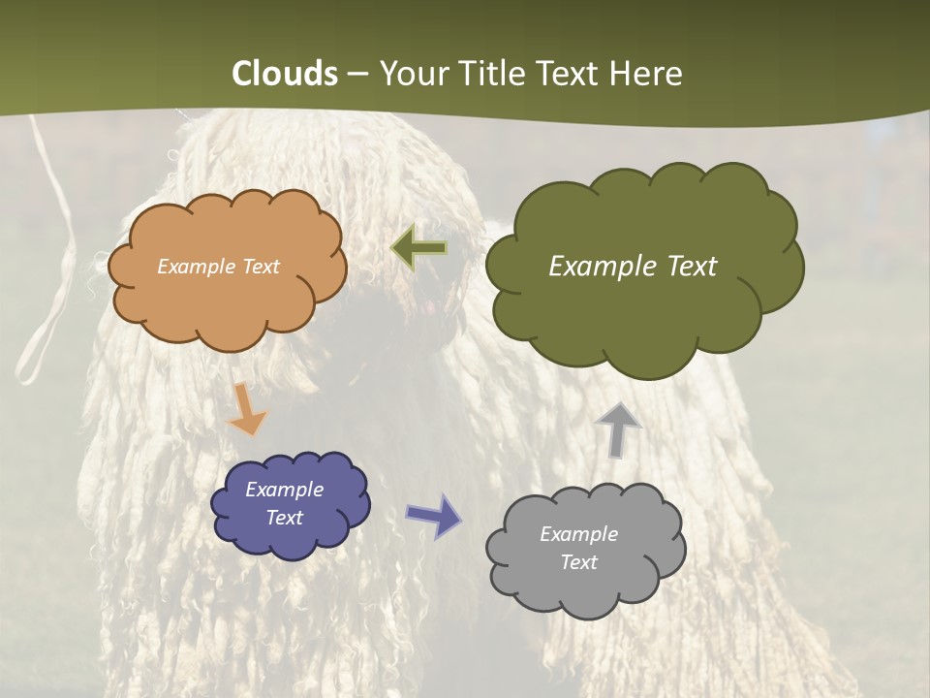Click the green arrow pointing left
pos(418,249)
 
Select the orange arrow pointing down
pos(247,408)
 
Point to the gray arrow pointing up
pos(618,428)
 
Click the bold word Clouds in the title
pos(285,74)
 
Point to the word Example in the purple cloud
pos(284,490)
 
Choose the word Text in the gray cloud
pos(578,562)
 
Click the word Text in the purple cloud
pos(284,518)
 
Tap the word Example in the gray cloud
pos(578,534)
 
